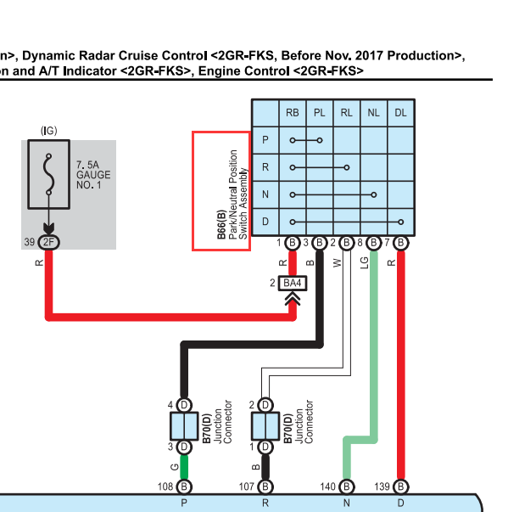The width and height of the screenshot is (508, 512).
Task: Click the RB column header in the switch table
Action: click(x=292, y=113)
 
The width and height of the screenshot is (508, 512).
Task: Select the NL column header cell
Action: click(x=374, y=113)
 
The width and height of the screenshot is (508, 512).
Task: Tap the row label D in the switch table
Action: click(x=265, y=222)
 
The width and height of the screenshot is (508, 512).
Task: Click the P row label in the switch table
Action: click(x=265, y=140)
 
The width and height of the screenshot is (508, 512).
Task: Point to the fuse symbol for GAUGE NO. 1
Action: click(x=48, y=174)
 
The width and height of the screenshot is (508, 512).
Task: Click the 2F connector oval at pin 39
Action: click(x=49, y=242)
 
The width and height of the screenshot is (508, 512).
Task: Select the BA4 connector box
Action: click(x=293, y=283)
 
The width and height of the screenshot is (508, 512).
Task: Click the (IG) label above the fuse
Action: click(x=49, y=131)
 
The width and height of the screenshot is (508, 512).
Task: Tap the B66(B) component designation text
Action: click(x=221, y=224)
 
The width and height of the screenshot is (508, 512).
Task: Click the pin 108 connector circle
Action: click(x=184, y=487)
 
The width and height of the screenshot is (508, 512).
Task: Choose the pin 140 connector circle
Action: click(x=347, y=487)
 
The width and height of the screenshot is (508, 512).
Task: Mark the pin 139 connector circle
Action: click(x=401, y=487)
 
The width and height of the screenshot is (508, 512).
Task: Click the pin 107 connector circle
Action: click(x=265, y=487)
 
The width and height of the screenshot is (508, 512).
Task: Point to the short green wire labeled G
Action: click(x=184, y=467)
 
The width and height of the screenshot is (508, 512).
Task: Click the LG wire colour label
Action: click(x=365, y=263)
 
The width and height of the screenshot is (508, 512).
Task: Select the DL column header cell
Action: click(x=401, y=113)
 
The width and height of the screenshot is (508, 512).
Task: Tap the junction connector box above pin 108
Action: click(x=184, y=426)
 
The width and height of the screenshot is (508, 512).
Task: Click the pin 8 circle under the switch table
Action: click(x=374, y=243)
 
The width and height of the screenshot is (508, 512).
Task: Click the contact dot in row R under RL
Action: click(x=347, y=167)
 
